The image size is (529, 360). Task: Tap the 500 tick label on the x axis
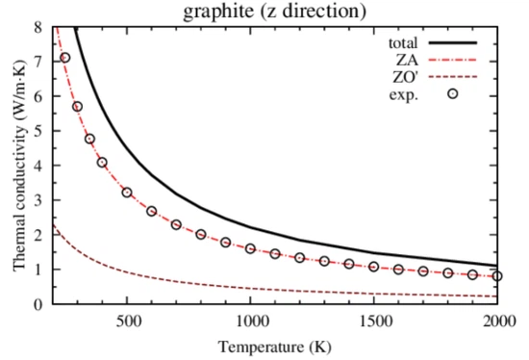point(127,321)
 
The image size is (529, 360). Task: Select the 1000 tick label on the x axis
point(250,321)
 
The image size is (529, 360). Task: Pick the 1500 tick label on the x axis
point(374,321)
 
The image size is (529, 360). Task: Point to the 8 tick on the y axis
point(38,27)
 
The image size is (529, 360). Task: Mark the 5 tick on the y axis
point(38,131)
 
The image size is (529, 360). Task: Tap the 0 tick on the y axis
point(38,304)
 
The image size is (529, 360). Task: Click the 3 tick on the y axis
point(38,200)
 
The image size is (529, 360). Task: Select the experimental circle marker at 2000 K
point(497,276)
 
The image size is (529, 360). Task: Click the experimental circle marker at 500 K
point(127,193)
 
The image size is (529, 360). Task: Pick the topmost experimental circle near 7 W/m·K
point(65,58)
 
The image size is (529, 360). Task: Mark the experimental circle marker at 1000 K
point(250,248)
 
